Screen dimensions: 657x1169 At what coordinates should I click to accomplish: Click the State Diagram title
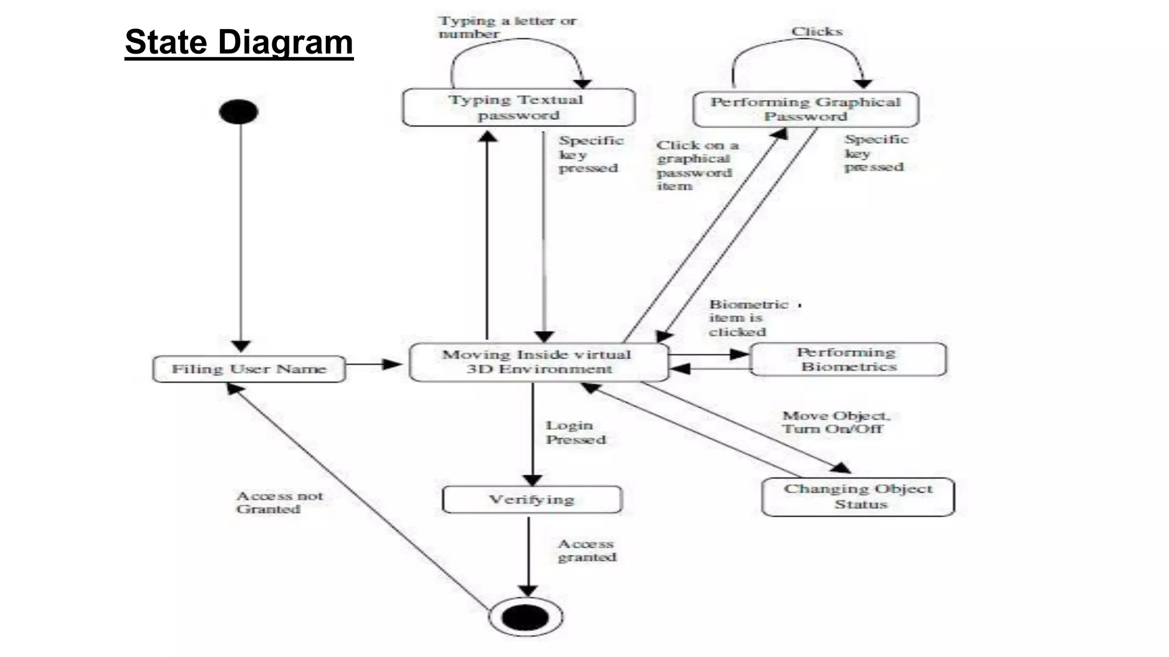[239, 42]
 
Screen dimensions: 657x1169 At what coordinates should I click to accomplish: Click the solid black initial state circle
[239, 111]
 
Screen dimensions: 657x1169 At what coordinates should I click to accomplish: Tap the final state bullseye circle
[526, 617]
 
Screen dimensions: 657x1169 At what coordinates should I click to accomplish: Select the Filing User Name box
[249, 369]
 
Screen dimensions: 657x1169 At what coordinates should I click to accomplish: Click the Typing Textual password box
[518, 107]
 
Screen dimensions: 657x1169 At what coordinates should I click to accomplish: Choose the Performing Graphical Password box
[805, 109]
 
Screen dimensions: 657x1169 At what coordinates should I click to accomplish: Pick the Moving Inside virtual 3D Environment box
[538, 362]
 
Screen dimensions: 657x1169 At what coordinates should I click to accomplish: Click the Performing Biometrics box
[848, 359]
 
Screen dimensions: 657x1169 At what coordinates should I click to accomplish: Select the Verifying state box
[532, 500]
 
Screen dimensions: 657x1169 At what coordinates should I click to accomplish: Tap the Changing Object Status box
[858, 497]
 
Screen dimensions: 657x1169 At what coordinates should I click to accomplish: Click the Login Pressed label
[575, 432]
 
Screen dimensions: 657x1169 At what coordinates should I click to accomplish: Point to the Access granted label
[587, 550]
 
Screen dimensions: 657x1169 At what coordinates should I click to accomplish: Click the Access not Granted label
[279, 502]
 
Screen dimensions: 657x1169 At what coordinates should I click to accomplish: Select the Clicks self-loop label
[816, 32]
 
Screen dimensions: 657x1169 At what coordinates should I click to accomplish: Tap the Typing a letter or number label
[507, 27]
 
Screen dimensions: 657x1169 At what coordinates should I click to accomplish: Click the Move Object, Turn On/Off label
[835, 422]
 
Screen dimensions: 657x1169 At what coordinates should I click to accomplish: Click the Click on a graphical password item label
[696, 165]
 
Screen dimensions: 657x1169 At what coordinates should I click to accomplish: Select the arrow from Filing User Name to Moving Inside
[374, 364]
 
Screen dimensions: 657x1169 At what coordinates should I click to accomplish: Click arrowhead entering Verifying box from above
[533, 480]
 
